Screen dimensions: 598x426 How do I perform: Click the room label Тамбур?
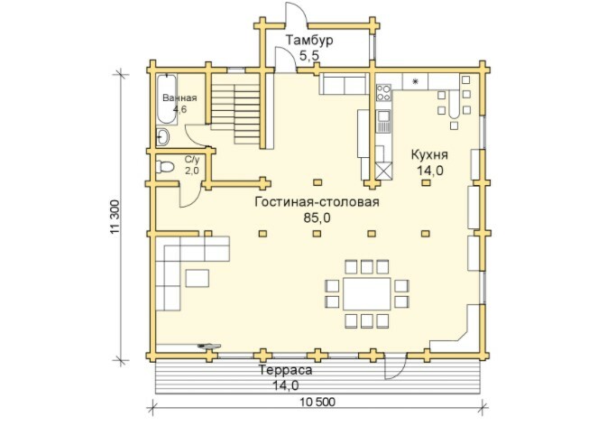click(x=309, y=40)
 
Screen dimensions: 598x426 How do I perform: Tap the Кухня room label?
click(x=429, y=154)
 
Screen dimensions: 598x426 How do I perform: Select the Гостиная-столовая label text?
click(x=317, y=201)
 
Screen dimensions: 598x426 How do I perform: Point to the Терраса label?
click(x=285, y=370)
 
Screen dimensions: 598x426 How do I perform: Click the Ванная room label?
click(x=179, y=98)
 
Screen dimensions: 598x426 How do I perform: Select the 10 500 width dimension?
click(x=317, y=402)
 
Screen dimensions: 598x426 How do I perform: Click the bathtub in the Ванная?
click(x=167, y=99)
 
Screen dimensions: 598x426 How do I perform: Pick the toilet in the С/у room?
click(x=165, y=167)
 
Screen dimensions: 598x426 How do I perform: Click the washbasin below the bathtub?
click(x=163, y=137)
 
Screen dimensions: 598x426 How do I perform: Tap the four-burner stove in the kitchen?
click(x=383, y=92)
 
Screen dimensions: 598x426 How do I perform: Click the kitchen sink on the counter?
click(x=383, y=121)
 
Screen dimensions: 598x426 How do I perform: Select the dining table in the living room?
click(x=367, y=294)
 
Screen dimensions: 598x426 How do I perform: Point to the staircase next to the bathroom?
click(x=235, y=114)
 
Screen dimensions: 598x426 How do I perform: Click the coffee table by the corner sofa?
click(x=198, y=278)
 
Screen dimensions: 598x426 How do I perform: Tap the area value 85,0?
click(x=317, y=218)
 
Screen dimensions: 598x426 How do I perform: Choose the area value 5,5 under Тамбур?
click(x=308, y=56)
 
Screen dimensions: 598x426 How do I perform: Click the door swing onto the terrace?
click(x=395, y=366)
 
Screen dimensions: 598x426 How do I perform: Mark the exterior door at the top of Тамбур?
click(x=297, y=14)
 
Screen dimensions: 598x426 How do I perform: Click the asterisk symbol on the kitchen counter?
click(x=415, y=81)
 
